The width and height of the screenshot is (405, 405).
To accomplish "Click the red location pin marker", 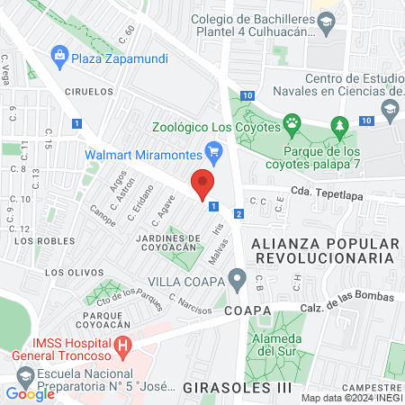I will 203,184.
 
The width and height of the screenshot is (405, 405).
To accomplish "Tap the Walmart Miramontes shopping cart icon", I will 213,149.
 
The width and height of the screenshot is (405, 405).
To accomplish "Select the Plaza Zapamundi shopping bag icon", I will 59,55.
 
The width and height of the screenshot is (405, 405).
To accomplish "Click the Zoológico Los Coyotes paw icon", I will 292,122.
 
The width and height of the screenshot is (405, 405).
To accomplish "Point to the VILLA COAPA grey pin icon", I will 237,279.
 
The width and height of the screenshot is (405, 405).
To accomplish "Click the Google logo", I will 30,393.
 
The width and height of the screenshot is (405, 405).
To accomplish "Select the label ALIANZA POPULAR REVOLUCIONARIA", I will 323,250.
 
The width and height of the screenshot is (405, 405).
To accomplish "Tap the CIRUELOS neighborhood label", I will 88,91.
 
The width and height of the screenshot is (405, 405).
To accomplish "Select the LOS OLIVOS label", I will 68,272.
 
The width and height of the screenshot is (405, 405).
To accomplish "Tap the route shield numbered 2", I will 238,213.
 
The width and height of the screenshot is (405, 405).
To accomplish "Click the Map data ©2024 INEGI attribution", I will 350,398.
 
